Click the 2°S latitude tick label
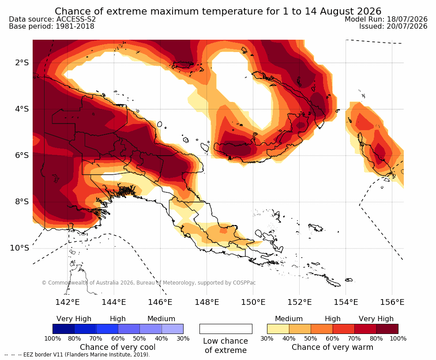coord(22,63)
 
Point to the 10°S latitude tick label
coord(19,247)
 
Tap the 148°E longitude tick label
coord(207,302)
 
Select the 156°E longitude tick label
coord(392,302)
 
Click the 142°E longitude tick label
coord(68,302)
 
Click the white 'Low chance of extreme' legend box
coord(226,329)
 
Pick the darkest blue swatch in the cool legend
coord(64,329)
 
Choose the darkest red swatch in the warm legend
coord(387,329)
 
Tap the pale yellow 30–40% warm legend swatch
coord(278,329)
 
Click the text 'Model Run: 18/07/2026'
coord(386,19)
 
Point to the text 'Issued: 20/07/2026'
coord(393,26)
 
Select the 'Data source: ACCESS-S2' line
coord(52,19)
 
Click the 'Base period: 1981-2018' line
coord(52,26)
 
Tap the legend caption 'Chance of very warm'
coord(332,347)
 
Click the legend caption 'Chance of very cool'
coord(118,347)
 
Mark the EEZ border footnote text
coord(77,355)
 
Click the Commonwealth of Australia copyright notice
coord(149,283)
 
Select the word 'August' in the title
coord(337,11)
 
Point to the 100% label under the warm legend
coord(398,338)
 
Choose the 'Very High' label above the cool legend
coord(74,319)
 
